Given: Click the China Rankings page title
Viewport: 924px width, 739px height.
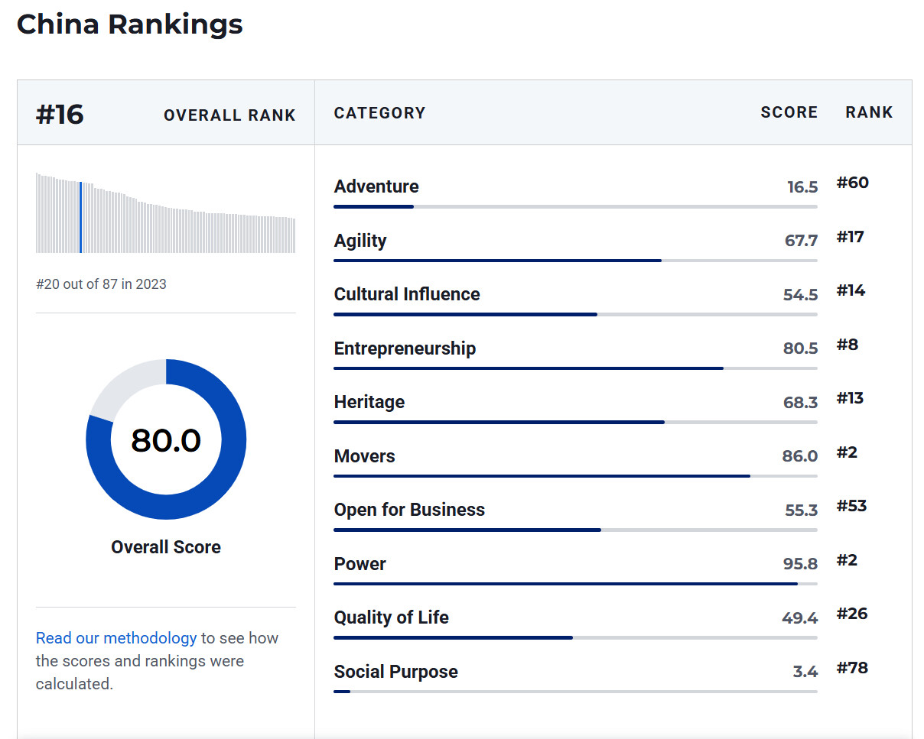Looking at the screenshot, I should point(129,24).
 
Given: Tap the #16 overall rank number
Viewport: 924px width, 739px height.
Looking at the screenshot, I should point(60,115).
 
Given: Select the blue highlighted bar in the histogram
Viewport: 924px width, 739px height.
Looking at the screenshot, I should point(80,217).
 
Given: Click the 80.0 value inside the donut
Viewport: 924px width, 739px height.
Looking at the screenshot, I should point(166,440).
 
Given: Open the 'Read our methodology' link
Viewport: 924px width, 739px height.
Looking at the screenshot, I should point(116,638).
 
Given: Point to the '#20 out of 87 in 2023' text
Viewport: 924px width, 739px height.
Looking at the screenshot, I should point(101,284).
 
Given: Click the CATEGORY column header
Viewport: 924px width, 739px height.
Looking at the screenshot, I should point(379,113).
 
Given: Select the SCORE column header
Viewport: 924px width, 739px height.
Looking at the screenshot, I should point(789,112).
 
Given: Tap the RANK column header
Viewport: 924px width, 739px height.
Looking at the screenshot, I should point(869,112).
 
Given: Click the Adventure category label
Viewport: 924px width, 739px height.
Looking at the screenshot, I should point(376,186).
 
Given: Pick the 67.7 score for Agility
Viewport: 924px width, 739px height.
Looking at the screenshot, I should point(801,241).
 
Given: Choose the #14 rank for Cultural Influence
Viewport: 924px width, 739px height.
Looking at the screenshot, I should point(851,290).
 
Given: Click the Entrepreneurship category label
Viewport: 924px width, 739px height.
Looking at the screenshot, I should point(405,348).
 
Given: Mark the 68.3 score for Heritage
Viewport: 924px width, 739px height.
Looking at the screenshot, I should point(800,403).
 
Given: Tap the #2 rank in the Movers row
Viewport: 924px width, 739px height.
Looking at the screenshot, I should point(847,452).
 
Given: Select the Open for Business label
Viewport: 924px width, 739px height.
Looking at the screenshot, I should point(409,510).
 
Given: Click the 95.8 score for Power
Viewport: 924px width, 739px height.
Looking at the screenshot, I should point(800,564).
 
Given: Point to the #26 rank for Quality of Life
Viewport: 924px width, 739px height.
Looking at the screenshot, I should point(851,614).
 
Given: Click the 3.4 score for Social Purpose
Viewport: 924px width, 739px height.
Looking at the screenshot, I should point(805,672).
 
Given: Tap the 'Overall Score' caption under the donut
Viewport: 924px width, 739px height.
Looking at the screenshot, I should point(166,547).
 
